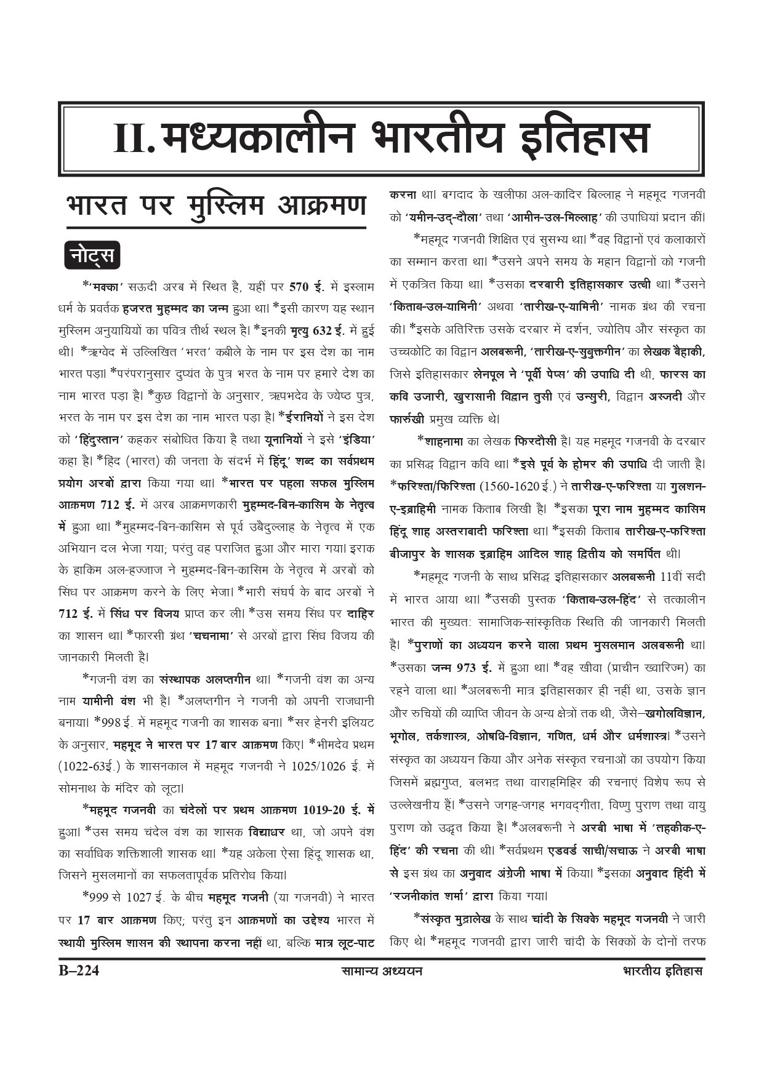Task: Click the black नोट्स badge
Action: pos(92,255)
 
